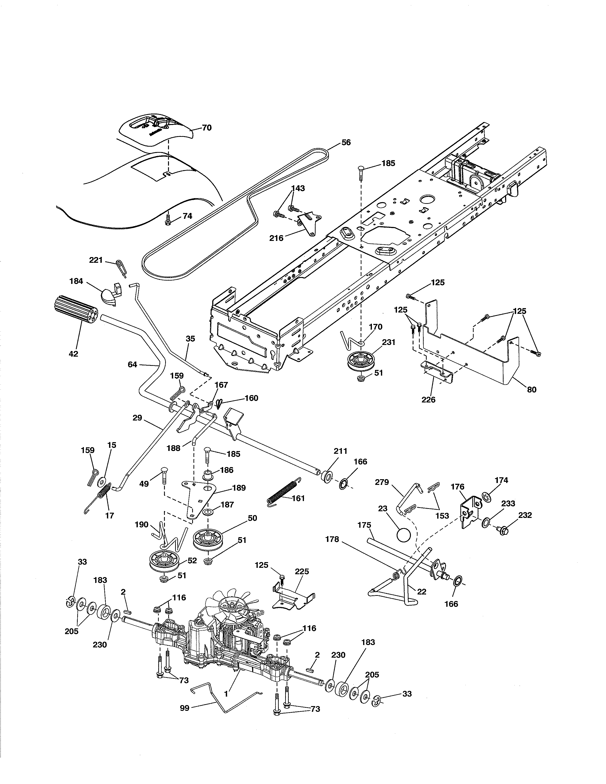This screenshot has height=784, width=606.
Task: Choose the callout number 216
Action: click(276, 238)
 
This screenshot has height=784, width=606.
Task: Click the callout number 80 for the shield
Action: click(532, 389)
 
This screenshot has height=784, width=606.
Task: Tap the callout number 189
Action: click(239, 488)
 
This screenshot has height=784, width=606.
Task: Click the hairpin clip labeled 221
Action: click(121, 268)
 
